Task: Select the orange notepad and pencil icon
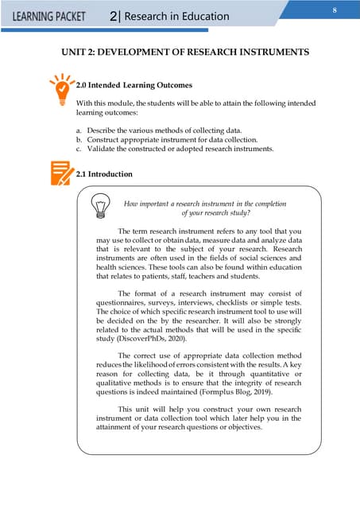(x=58, y=173)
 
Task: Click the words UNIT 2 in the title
(x=83, y=52)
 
